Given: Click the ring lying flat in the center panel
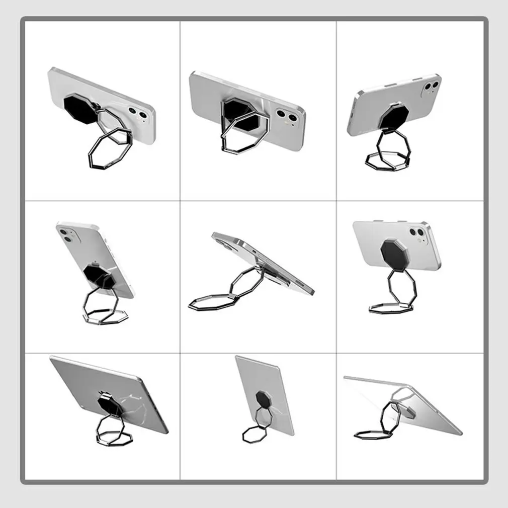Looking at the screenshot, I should coord(211,302).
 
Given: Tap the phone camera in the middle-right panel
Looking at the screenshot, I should coord(417,233).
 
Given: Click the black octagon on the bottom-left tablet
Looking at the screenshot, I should coord(108,402).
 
